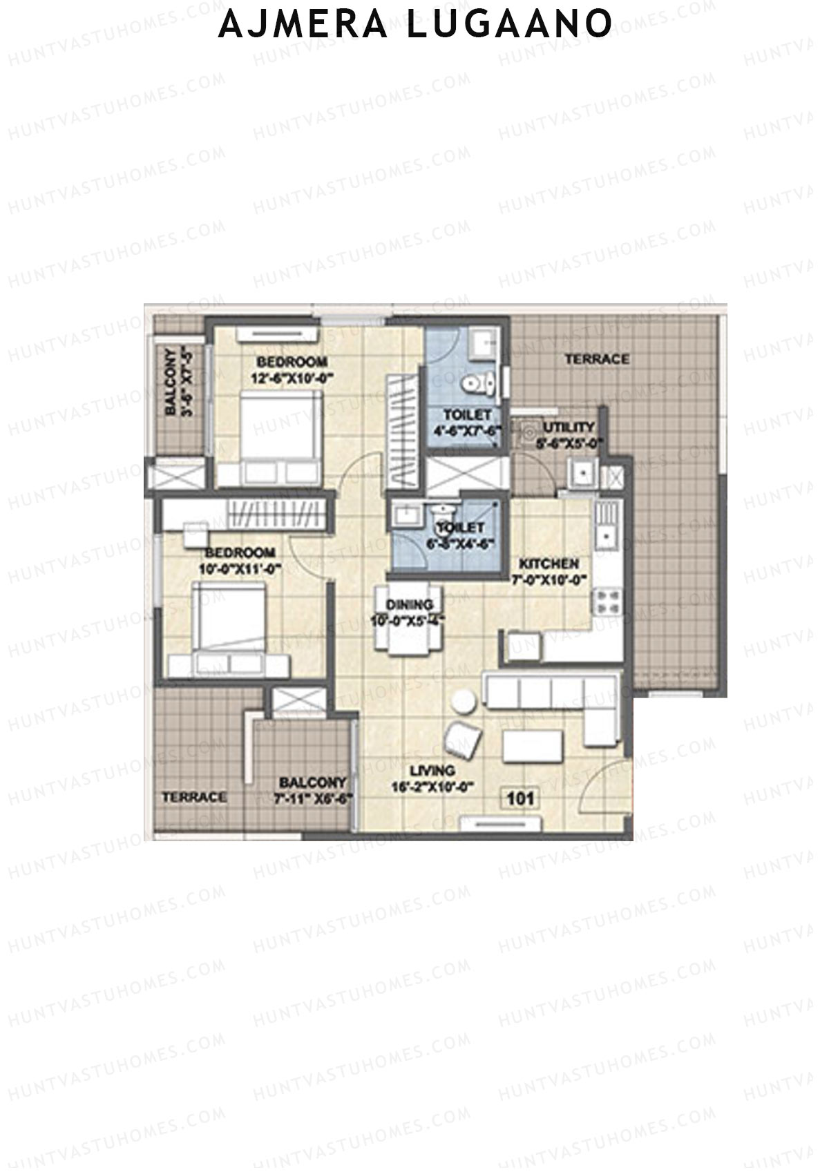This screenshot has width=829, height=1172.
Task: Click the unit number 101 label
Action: point(521,799)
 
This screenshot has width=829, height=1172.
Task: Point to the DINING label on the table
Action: point(409,604)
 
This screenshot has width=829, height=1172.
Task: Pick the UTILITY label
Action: point(569,427)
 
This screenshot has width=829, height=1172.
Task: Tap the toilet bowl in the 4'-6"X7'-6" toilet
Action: point(477,381)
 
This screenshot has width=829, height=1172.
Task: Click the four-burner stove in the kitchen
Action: point(607,601)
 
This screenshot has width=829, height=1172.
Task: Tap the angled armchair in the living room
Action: point(461,740)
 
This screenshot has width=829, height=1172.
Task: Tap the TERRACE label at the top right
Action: point(597,359)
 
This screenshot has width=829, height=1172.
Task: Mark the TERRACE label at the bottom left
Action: point(194,797)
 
